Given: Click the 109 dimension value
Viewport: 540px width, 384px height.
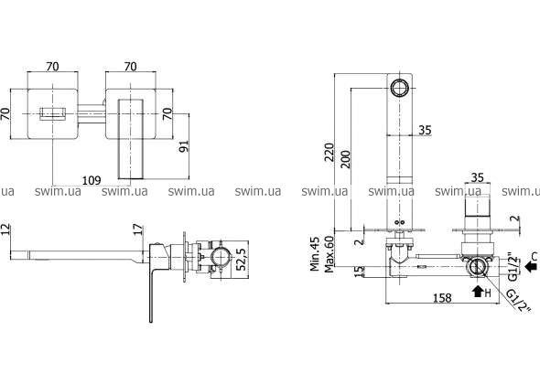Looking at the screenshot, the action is coord(92,180).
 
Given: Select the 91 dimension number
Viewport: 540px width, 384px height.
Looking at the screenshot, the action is coord(184,146).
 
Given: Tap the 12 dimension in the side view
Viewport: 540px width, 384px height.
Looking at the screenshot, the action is coord(5,229).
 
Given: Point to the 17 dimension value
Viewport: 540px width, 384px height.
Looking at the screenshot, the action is coord(138,229).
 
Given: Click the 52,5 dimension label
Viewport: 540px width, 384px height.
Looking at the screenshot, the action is coord(242,259).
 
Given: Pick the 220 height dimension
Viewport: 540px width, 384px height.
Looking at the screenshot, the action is coord(329,153).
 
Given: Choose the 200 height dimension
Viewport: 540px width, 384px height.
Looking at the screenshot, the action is coord(345,159).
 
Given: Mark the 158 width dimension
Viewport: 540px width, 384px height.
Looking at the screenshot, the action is coord(442,298).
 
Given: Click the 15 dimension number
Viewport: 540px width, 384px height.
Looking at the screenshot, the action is coord(359,272).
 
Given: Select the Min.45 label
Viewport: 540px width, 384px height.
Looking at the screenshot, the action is coord(315,253).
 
